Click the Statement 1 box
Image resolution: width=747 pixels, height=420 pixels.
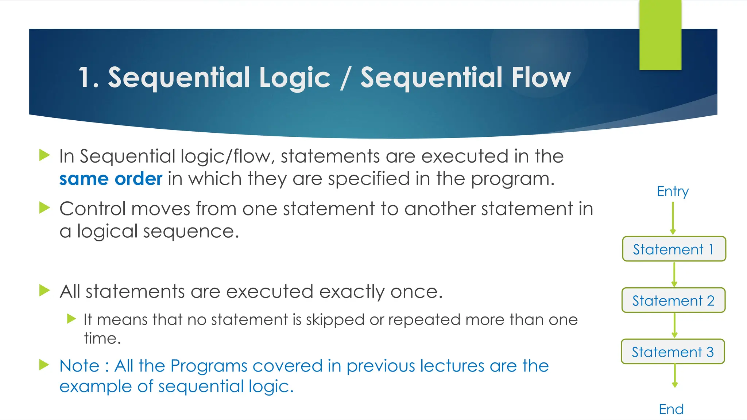[674, 249]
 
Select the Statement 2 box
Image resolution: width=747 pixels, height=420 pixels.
[673, 300]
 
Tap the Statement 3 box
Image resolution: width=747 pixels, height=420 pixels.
[673, 352]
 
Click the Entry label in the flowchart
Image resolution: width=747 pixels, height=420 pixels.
[673, 191]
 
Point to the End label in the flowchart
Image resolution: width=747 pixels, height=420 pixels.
[671, 409]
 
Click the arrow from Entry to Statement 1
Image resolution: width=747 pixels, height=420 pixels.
[673, 218]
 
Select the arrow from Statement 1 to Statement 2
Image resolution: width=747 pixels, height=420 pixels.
[674, 274]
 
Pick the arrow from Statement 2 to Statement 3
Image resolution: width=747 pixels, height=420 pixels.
[674, 325]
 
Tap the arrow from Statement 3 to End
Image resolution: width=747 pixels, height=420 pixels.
[675, 376]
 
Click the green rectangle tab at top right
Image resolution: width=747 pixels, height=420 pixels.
[660, 35]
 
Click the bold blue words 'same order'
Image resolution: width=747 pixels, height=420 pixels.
[111, 179]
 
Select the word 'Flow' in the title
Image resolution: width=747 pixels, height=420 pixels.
[541, 78]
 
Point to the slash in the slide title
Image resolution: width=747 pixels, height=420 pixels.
[345, 78]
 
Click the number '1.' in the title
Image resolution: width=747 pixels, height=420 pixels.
[88, 78]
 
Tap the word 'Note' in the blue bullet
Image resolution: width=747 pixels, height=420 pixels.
[79, 366]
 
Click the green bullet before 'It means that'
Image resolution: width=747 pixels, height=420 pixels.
[71, 319]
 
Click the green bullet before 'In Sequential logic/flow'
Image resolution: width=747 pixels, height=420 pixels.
[44, 155]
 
